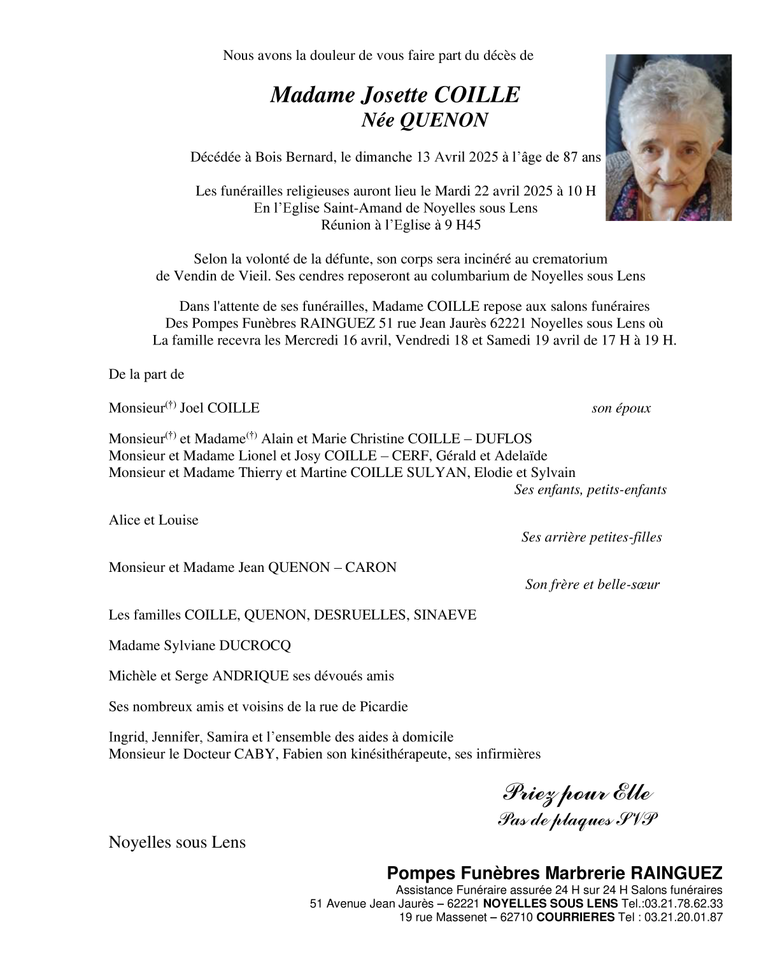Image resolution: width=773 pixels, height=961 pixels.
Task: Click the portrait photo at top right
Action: coord(668,138)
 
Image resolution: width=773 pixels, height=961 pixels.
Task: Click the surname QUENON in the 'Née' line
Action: coord(443,120)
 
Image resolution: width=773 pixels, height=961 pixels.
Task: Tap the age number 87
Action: coord(571,157)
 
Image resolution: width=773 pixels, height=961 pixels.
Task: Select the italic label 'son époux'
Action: coord(621,409)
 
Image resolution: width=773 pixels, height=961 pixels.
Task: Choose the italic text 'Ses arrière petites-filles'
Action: coord(592,537)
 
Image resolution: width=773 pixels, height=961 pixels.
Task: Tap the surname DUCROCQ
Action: coord(255,646)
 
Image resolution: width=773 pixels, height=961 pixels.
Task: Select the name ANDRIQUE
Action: coord(250,676)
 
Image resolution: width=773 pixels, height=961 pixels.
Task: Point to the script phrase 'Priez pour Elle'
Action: coord(577,794)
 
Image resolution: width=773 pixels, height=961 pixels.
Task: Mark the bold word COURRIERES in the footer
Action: coord(576,918)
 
